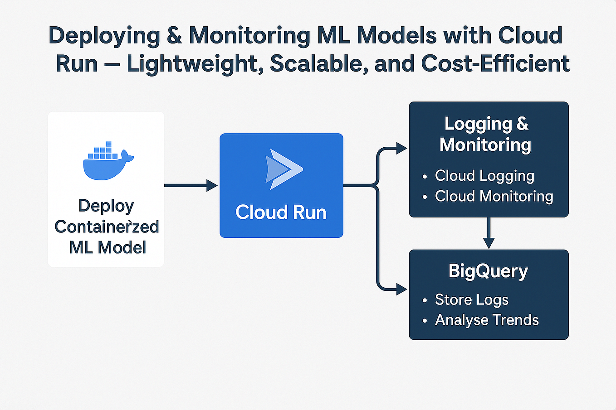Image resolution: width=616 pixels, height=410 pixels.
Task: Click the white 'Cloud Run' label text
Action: point(281,212)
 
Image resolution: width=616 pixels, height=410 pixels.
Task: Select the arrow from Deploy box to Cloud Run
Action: point(191,185)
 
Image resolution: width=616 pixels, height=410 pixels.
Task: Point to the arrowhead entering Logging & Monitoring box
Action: point(401,148)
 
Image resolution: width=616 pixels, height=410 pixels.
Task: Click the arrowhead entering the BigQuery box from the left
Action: point(401,289)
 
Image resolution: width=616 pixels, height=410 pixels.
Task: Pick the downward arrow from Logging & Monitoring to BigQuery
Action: point(489,233)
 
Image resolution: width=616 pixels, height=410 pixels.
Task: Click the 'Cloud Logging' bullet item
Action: point(484,176)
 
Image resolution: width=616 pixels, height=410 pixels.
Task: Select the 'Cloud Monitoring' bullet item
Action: point(494,196)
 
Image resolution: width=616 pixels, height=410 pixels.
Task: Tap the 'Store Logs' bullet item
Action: point(472,299)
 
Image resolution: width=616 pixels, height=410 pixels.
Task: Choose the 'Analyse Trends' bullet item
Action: point(487,320)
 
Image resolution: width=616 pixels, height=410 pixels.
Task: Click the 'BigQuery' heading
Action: point(488,271)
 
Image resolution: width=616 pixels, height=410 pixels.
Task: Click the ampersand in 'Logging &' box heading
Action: point(522,124)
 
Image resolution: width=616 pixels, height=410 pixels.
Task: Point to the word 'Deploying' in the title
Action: point(104,36)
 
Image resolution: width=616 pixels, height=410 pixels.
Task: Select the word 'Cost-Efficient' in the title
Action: point(495,63)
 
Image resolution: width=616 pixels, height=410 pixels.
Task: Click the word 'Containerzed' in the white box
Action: point(107,227)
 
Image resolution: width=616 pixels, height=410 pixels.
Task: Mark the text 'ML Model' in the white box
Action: point(108,247)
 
